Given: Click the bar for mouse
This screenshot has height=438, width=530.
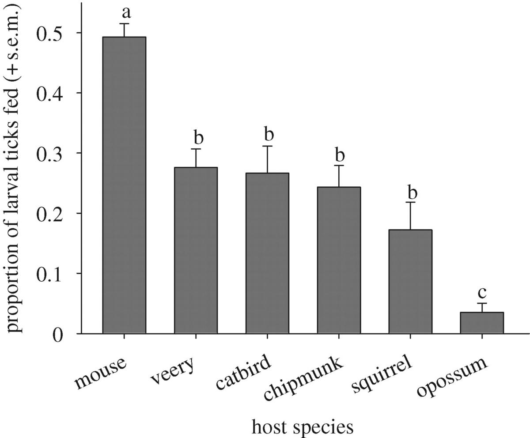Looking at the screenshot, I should point(124,185).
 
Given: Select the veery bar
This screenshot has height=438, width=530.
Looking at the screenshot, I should point(196,250).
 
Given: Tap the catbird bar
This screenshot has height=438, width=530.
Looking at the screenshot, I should point(267,253).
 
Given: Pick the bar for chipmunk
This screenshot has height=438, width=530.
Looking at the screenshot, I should point(339,260).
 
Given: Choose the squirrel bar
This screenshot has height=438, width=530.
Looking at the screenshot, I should point(410,282).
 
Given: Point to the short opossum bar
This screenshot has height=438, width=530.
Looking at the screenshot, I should point(482,323).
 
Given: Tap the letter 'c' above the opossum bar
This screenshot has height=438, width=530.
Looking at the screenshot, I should point(482,293).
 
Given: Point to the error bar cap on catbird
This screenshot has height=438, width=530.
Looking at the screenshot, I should point(267,146).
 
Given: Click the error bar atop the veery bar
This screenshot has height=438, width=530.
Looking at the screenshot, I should point(196,157).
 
